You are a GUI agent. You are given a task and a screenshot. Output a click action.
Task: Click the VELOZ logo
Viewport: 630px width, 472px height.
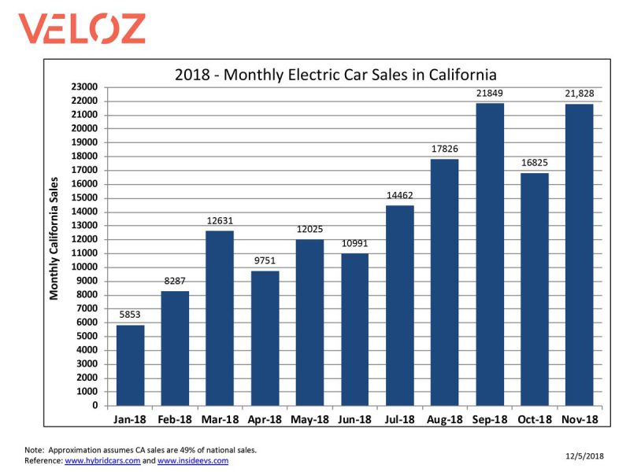tap(83, 28)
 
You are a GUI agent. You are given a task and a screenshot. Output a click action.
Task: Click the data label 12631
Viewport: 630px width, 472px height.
tap(220, 222)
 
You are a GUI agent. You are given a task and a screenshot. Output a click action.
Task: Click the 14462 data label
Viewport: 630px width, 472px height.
tap(399, 197)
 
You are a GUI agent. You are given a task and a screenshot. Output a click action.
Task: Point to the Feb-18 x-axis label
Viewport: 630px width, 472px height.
tap(175, 421)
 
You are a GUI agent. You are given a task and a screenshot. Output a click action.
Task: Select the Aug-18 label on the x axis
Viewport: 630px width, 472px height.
tap(444, 421)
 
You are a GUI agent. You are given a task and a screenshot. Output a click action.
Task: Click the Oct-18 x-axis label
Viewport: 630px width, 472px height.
tap(535, 421)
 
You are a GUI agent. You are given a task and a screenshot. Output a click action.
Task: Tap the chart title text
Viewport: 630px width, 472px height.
tap(335, 76)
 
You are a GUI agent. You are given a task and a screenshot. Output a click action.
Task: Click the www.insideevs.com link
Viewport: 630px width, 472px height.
tap(193, 461)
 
